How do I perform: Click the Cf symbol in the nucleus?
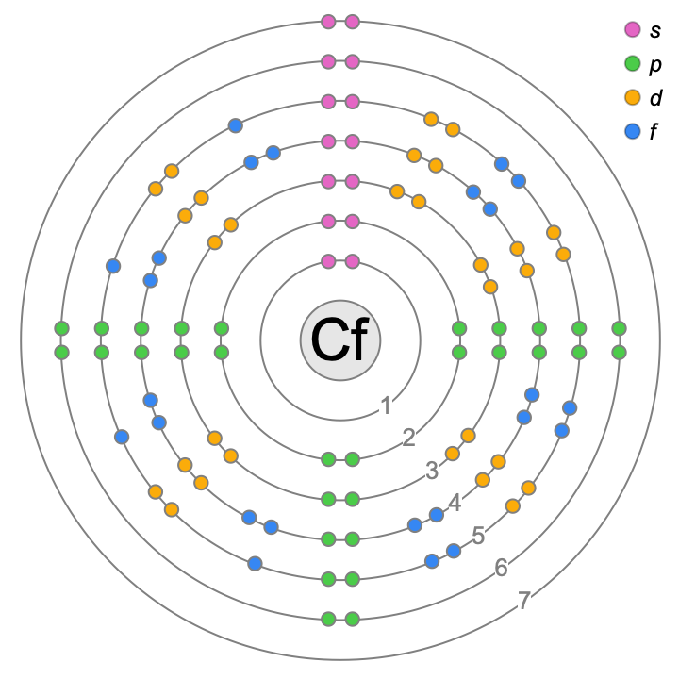coord(339,340)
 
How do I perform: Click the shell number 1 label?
coord(385,406)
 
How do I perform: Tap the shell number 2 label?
coord(408,438)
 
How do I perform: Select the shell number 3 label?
coord(432,470)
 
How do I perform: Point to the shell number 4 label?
coord(455,503)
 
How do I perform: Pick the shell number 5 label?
coord(478,535)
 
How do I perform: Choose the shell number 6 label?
coord(502,568)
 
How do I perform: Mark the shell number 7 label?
coord(525,600)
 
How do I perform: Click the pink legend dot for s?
coord(633,30)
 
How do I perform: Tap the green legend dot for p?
coord(633,64)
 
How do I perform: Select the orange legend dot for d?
coord(633,98)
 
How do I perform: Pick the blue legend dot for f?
coord(633,132)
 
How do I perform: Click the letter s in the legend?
coord(655,31)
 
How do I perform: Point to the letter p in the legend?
coord(655,65)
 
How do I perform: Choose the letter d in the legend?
coord(655,98)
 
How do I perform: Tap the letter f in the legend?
coord(654,132)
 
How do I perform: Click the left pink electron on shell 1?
coord(328,261)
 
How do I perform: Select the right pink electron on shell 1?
coord(352,261)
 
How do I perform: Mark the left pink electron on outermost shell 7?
coord(328,22)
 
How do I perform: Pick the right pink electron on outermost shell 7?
coord(352,22)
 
